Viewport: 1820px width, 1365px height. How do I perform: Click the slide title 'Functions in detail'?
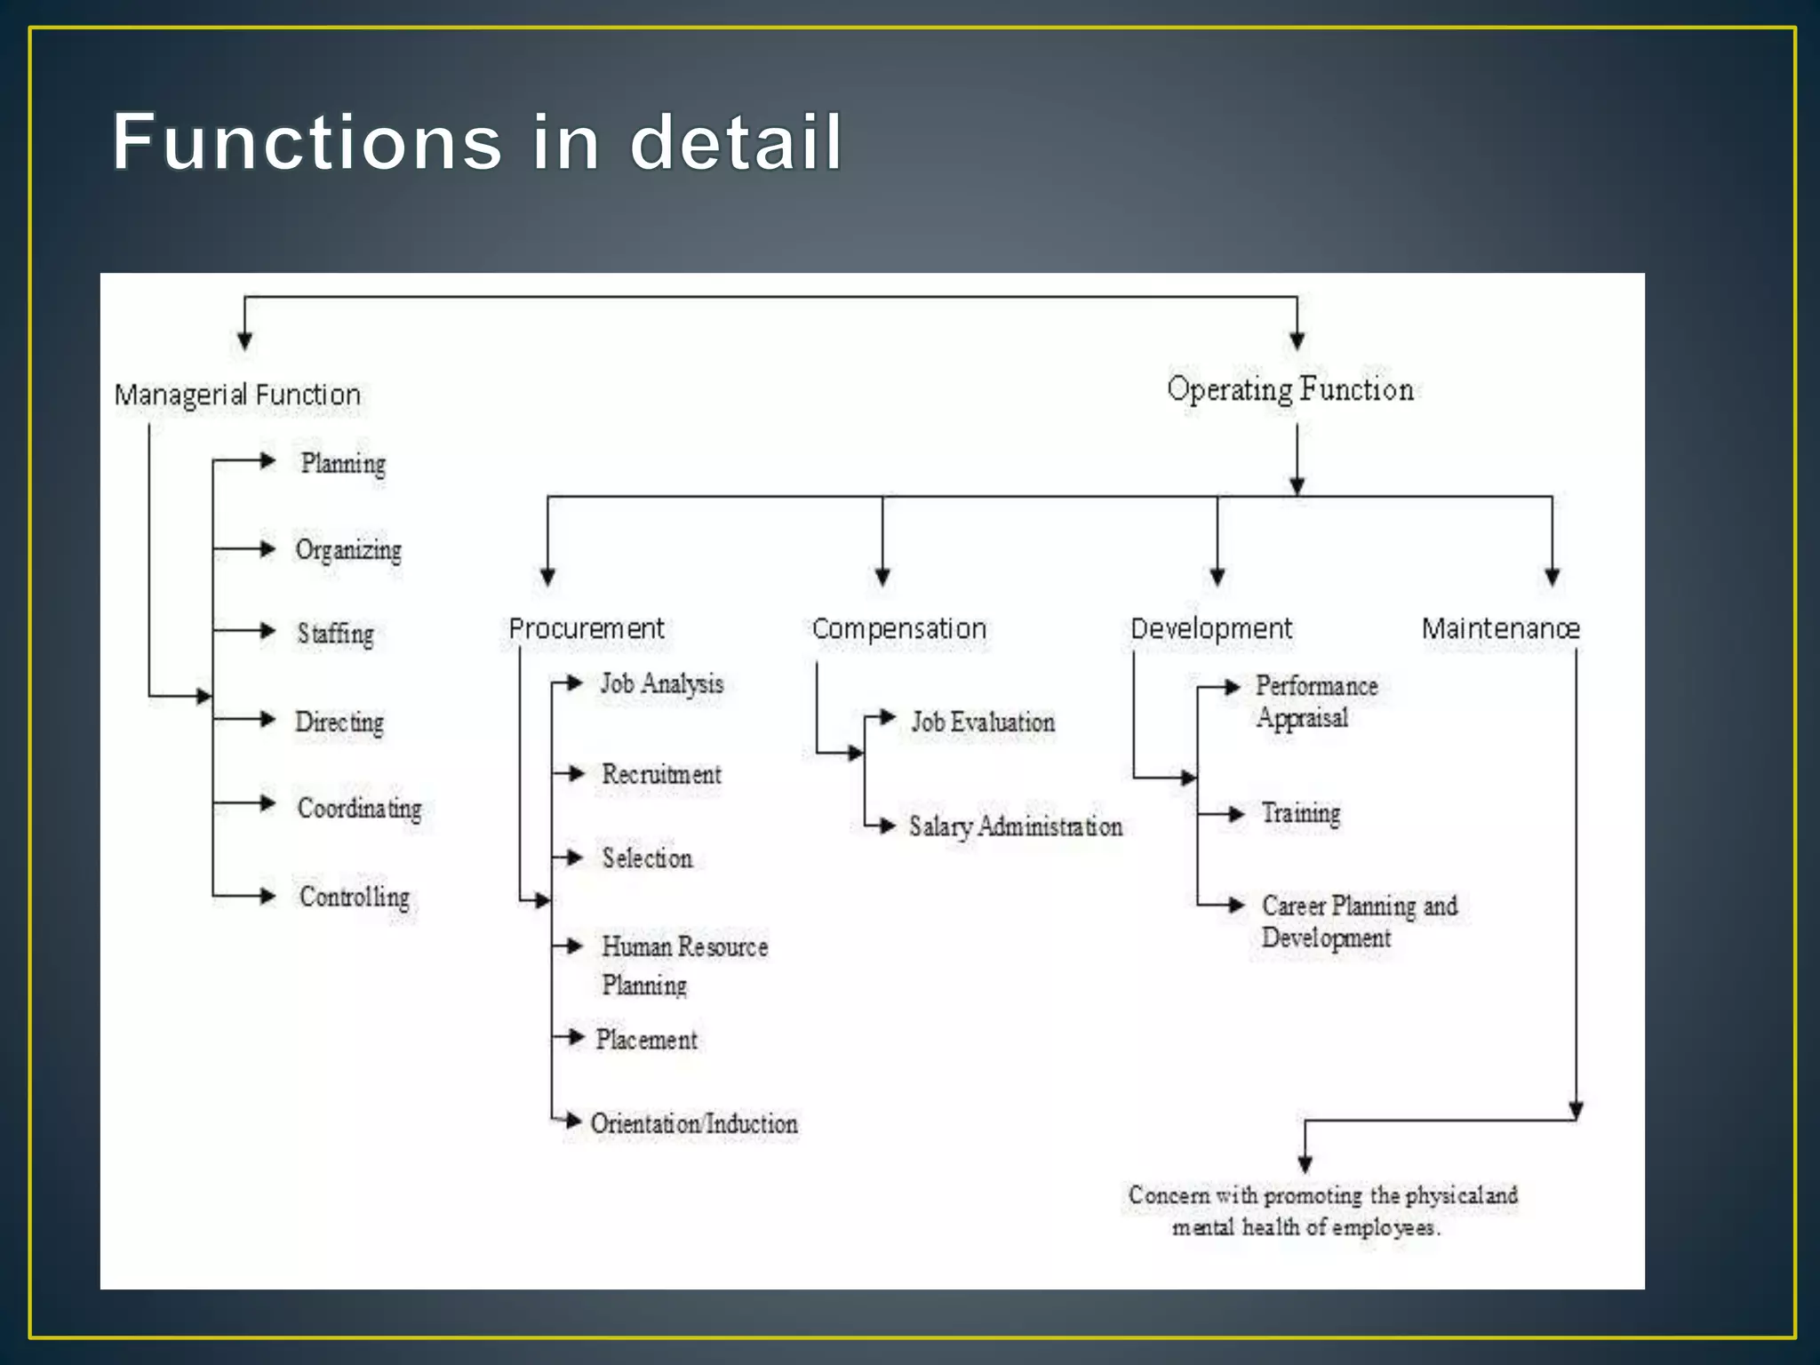tap(477, 142)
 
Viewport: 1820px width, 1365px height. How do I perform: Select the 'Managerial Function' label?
tap(237, 395)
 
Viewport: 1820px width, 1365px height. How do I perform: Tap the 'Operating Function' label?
tap(1289, 389)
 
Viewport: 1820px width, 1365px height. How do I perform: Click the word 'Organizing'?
tap(348, 550)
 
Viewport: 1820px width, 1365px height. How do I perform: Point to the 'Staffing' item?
tap(335, 634)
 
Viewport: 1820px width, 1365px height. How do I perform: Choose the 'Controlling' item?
tap(355, 897)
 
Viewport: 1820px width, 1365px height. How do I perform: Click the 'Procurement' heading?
tap(587, 628)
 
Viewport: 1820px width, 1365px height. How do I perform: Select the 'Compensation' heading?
tap(899, 628)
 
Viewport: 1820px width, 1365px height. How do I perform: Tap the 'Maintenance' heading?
tap(1501, 628)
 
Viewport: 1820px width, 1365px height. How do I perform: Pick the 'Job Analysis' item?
tap(662, 684)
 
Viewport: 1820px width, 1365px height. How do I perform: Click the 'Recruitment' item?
tap(662, 774)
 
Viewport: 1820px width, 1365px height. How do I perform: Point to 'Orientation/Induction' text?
tap(694, 1123)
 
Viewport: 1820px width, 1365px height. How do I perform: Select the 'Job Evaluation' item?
tap(983, 722)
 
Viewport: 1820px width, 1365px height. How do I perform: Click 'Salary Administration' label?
tap(1016, 826)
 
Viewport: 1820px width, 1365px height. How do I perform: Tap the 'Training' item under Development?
tap(1301, 813)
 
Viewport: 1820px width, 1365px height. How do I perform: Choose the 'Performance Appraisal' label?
tap(1316, 701)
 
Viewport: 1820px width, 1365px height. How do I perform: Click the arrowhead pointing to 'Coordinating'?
tap(267, 803)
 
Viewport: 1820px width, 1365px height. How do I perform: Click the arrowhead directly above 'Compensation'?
tap(882, 577)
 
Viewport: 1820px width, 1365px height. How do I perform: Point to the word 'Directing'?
tap(339, 722)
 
